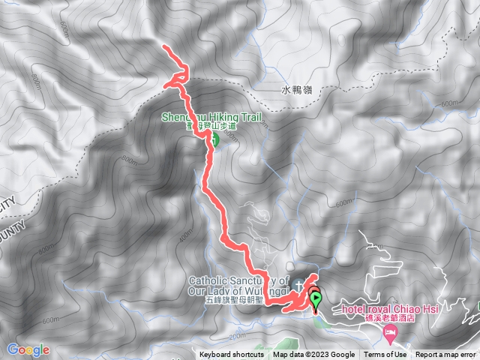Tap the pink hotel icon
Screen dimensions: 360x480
click(389, 334)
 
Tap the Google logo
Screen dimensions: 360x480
click(28, 349)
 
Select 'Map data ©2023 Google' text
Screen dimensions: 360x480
click(314, 355)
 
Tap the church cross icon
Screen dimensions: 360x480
click(300, 284)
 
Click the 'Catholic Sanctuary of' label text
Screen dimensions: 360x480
click(234, 280)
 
